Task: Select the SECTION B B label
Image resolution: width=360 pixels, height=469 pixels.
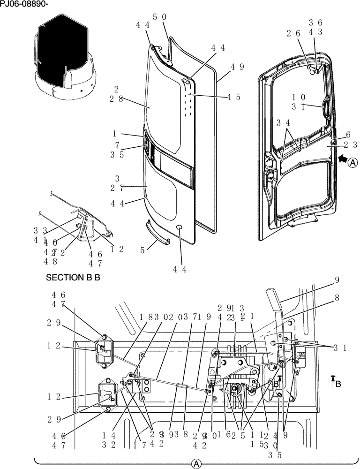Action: point(73,277)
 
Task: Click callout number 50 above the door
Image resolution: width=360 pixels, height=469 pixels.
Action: point(159,17)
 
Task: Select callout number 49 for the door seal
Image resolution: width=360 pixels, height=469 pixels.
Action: point(237,67)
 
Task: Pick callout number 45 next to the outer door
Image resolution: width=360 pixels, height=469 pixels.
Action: point(233,97)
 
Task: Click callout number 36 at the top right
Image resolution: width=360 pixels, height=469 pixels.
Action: point(315,23)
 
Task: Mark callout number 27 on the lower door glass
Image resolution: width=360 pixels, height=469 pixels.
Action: point(116,188)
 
